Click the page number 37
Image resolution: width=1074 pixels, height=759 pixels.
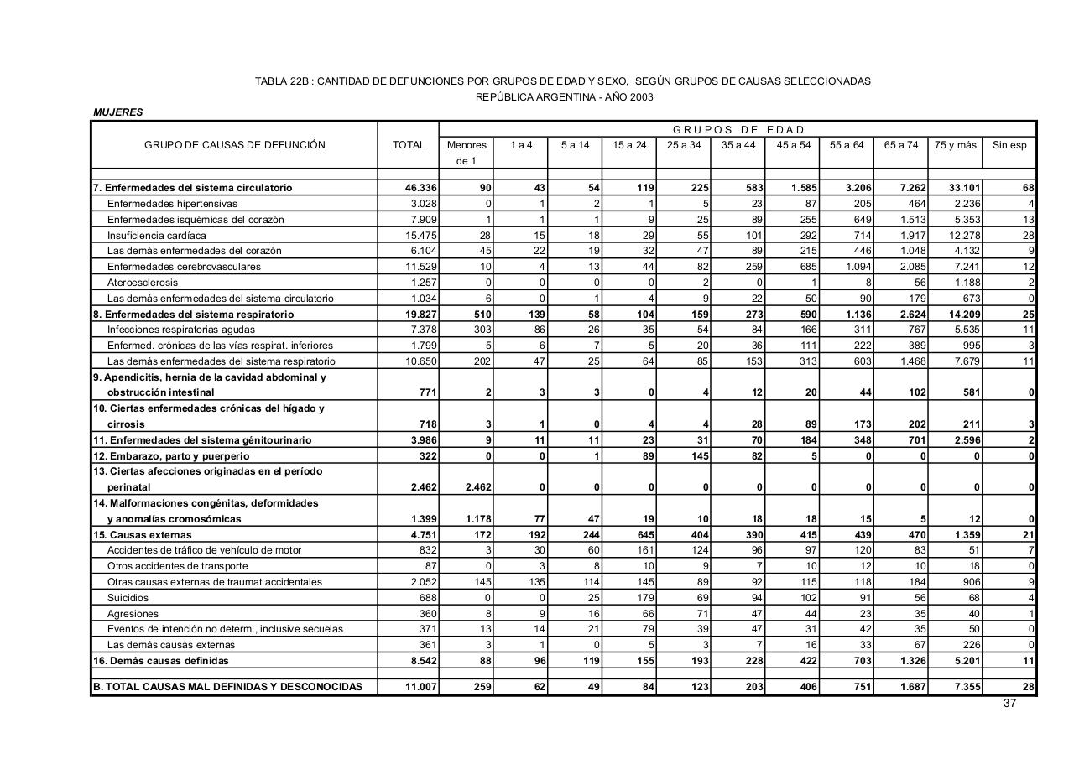(1009, 704)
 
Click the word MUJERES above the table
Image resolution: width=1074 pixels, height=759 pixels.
(118, 112)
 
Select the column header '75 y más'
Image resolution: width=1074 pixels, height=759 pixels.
(956, 145)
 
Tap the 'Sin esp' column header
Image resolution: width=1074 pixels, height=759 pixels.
(1009, 145)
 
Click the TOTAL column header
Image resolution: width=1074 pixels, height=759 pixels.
(409, 145)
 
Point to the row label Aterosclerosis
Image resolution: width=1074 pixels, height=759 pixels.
(143, 283)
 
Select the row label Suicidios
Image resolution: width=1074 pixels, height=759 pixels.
(128, 598)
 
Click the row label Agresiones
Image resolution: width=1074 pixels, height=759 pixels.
(132, 614)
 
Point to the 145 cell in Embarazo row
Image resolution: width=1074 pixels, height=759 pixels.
(699, 456)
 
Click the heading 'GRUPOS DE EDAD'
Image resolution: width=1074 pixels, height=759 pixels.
(738, 130)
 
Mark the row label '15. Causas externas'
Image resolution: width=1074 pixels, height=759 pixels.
(143, 535)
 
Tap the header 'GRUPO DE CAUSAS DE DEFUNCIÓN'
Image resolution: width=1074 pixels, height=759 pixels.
(234, 145)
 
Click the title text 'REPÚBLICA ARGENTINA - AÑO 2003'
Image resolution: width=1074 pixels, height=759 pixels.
(564, 97)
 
